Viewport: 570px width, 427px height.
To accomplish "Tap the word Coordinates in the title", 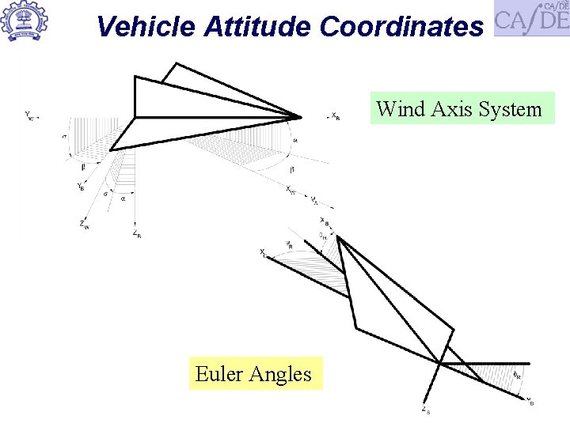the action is pos(401,26).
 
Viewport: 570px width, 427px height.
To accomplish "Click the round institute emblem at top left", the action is pos(25,21).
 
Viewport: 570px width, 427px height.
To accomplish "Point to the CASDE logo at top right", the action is pos(531,18).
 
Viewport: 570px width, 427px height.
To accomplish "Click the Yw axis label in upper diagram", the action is pos(29,115).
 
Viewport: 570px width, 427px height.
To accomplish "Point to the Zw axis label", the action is pos(84,225).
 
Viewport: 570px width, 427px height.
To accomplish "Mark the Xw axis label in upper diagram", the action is pos(291,190).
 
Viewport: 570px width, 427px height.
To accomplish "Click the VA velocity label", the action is pos(314,200).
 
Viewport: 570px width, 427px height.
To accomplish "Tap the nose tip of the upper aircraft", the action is pos(301,117).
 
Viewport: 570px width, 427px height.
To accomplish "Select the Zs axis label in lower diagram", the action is pos(426,410).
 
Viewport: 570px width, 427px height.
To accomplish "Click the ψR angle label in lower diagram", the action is pos(289,244).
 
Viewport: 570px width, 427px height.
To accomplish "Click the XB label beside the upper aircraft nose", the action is pos(336,115).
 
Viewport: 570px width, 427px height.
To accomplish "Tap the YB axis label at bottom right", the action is pos(530,400).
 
